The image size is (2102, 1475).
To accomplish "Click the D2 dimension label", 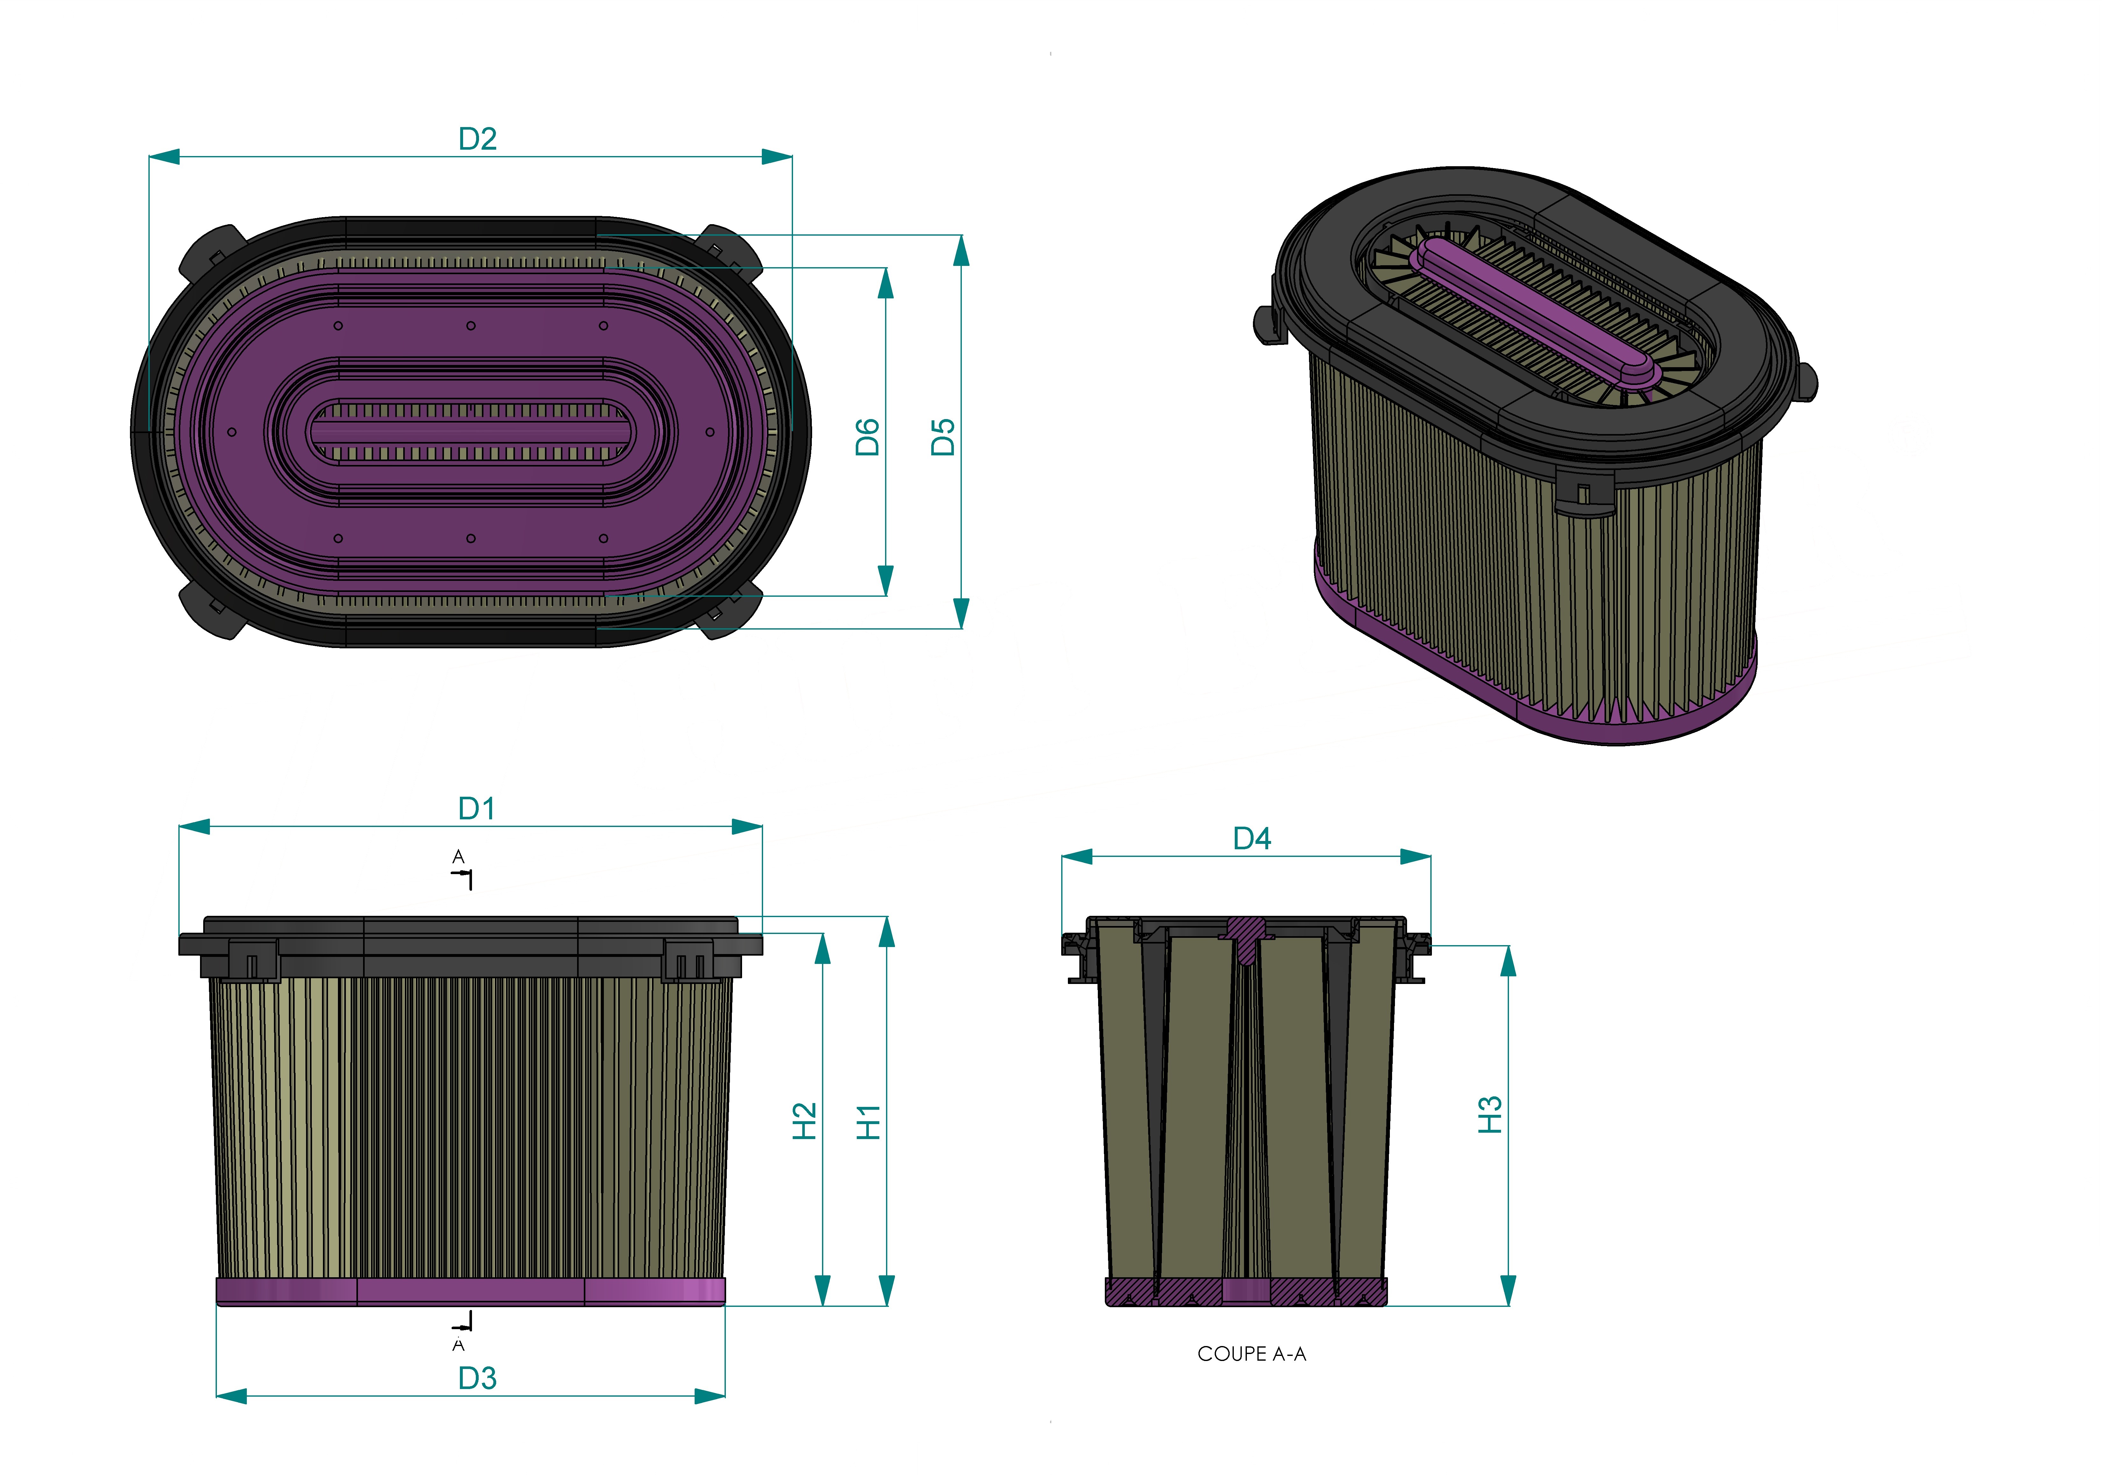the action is (x=477, y=139).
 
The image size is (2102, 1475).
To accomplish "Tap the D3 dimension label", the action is (x=477, y=1378).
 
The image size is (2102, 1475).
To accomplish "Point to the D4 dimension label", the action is (x=1252, y=839).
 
